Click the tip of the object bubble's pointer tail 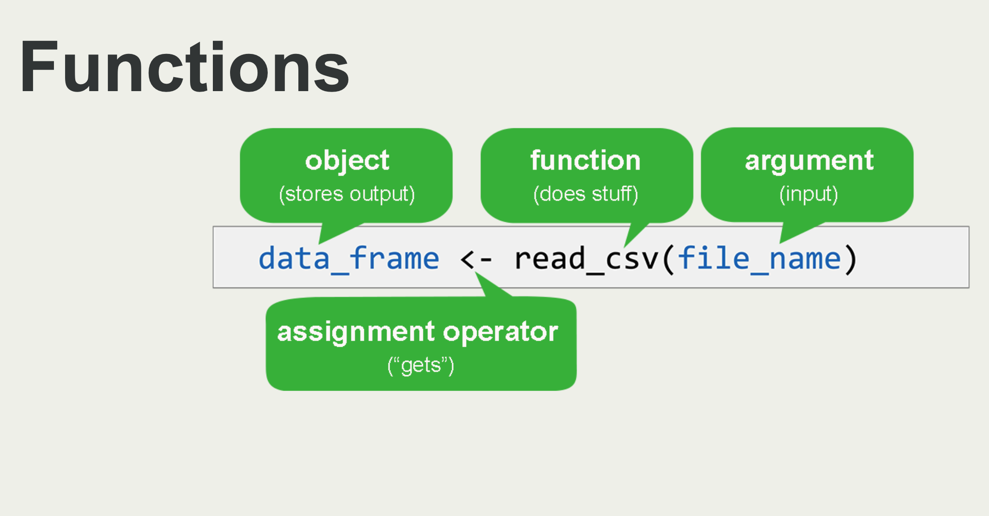[319, 244]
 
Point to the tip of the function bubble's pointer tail [624, 247]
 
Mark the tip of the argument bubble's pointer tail [780, 243]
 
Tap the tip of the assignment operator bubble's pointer [475, 272]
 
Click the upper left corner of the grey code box [213, 227]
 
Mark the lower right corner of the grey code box [969, 288]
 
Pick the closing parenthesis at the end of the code [851, 259]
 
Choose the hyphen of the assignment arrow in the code [486, 260]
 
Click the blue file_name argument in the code [759, 259]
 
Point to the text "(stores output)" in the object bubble [347, 194]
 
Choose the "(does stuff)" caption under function [586, 194]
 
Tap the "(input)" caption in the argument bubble [809, 194]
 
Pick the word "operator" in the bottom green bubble [501, 333]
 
